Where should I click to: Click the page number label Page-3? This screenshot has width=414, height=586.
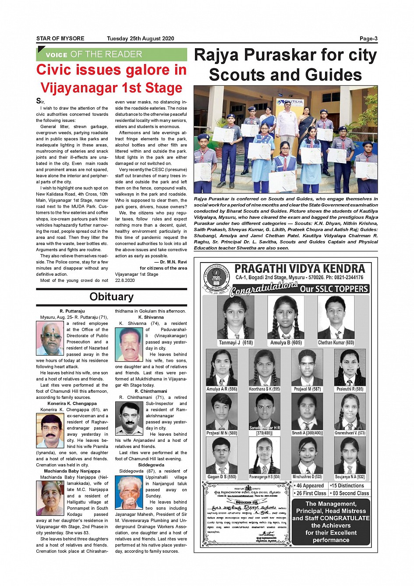(x=368, y=39)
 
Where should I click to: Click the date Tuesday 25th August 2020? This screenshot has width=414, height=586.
(x=140, y=39)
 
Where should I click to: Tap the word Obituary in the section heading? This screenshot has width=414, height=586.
(x=111, y=297)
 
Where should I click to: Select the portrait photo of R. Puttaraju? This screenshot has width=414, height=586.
(x=50, y=338)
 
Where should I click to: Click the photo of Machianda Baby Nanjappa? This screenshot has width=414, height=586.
(x=50, y=498)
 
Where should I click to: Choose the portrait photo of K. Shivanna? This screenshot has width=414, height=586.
(x=129, y=344)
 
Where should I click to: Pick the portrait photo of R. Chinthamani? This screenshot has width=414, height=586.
(x=129, y=419)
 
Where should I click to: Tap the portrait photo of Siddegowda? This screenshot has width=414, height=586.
(x=129, y=492)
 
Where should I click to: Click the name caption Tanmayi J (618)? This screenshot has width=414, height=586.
(x=236, y=343)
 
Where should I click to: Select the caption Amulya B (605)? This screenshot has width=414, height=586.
(x=286, y=343)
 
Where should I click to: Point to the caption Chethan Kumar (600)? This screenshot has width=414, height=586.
(x=336, y=343)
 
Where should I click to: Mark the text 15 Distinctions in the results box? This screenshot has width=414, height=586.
(x=348, y=486)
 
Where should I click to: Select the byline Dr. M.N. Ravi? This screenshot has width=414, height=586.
(x=173, y=262)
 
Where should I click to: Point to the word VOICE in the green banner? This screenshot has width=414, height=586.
(x=57, y=55)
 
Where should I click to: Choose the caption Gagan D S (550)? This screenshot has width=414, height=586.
(x=222, y=477)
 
